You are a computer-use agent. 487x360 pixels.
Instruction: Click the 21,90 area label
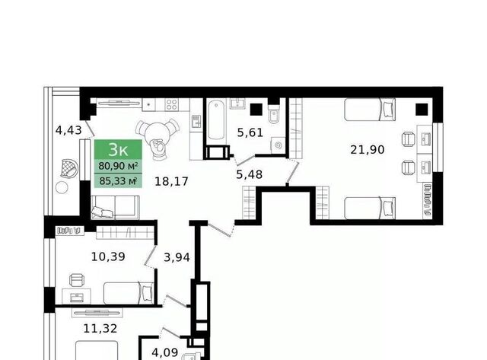[368, 150]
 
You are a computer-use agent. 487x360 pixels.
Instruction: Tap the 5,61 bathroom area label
[250, 133]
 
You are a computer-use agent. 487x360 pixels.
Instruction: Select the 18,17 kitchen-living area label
[171, 181]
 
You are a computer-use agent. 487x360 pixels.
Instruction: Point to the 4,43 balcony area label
[68, 130]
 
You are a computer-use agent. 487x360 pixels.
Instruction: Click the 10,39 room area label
[108, 256]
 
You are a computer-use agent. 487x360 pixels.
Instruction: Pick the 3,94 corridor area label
[177, 257]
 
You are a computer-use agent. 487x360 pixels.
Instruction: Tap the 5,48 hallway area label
[249, 174]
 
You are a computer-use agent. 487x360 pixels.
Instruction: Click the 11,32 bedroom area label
[100, 328]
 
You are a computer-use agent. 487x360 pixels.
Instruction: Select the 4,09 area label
[165, 352]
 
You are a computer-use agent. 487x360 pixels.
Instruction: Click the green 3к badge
[119, 149]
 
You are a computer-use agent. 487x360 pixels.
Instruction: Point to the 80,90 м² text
[118, 166]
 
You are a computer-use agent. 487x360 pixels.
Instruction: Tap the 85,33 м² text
[118, 180]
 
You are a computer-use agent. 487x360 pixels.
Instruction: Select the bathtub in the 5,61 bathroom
[216, 121]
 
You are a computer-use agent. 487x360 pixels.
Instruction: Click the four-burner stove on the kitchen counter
[171, 105]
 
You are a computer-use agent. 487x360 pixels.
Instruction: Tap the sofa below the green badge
[115, 207]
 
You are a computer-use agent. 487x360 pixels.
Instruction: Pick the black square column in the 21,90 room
[422, 110]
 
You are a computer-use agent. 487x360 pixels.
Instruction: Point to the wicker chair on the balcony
[69, 168]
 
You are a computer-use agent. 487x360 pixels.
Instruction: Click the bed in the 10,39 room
[129, 293]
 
